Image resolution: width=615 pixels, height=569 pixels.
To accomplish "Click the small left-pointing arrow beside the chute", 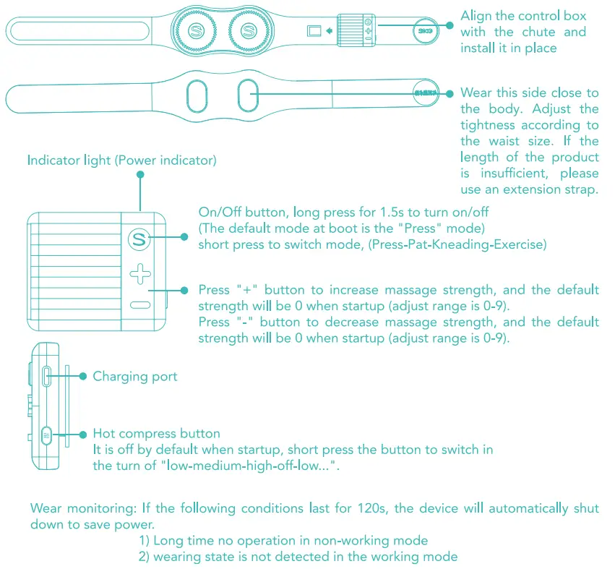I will coord(329,31).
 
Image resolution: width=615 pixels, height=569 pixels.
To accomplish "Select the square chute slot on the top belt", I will coord(314,31).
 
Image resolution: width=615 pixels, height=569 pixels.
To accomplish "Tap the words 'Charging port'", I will coord(134,376).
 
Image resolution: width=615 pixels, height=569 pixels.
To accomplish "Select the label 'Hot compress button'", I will coord(156,434).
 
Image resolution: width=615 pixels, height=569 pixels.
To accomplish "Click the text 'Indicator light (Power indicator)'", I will coord(121,160).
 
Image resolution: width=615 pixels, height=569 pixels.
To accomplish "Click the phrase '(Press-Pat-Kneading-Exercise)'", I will coord(456,244).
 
